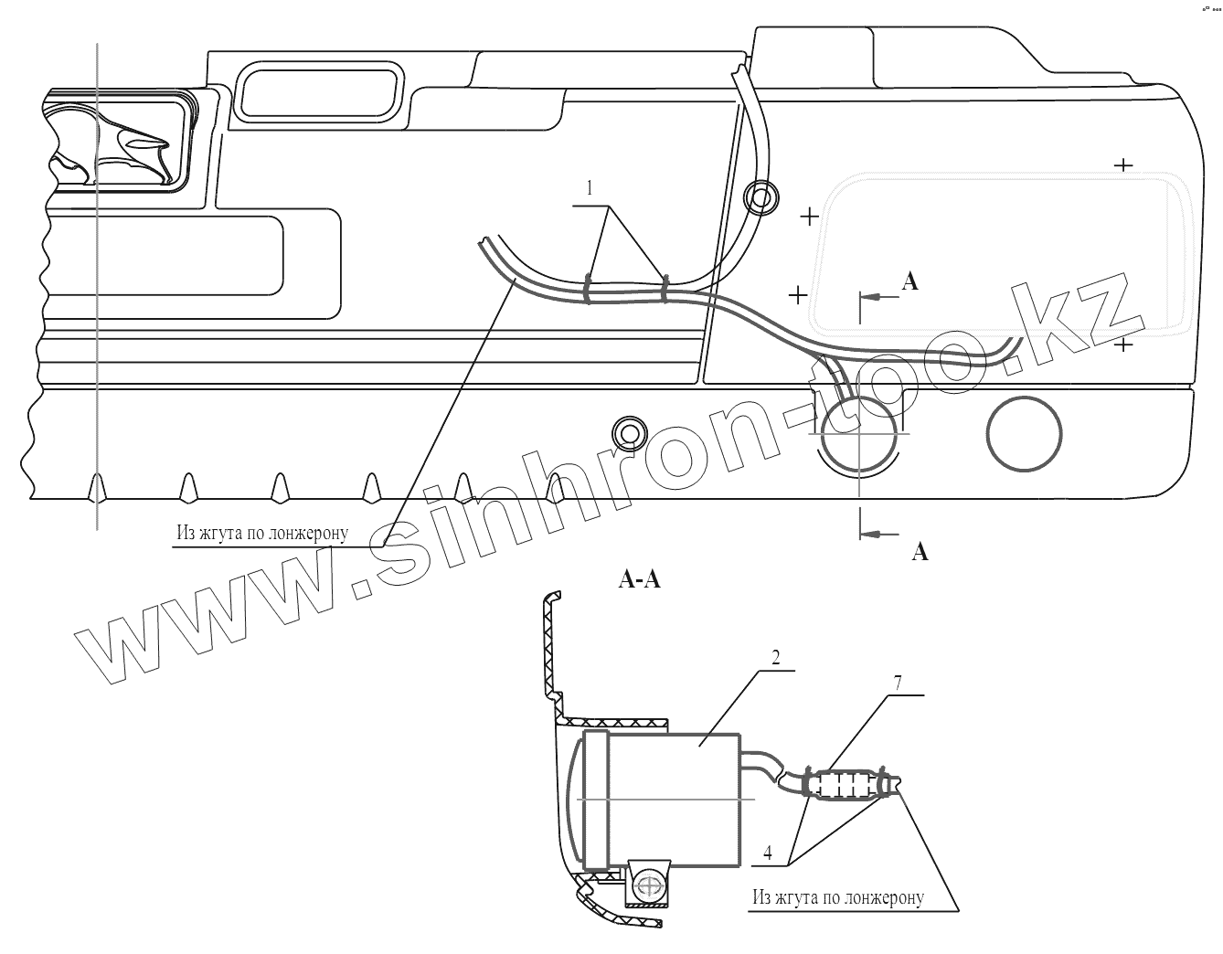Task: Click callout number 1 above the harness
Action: point(590,189)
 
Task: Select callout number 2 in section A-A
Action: point(775,657)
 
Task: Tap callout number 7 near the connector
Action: point(899,683)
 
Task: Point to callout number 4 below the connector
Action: point(768,853)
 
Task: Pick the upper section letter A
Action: point(909,282)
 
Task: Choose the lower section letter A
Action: point(920,551)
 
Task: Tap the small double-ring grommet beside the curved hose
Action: point(760,197)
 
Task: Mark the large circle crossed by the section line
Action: point(858,433)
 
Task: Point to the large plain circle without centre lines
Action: point(1024,433)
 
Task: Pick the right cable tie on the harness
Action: point(665,288)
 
